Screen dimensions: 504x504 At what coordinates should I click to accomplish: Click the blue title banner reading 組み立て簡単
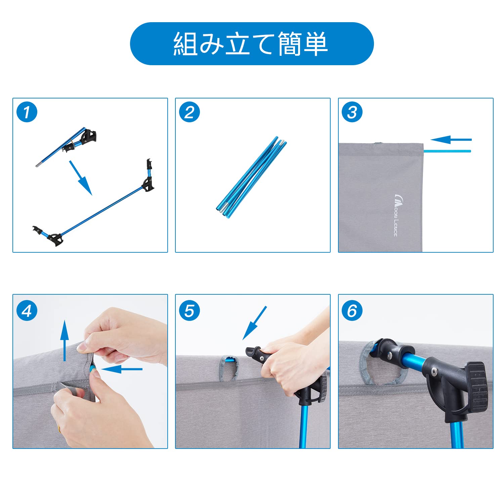click(x=252, y=44)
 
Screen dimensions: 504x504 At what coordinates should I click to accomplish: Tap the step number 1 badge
click(x=27, y=112)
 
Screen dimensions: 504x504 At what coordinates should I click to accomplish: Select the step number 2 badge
click(x=190, y=112)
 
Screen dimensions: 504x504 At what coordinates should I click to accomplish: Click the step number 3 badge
click(x=352, y=112)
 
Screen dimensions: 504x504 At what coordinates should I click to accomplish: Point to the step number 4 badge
click(x=27, y=311)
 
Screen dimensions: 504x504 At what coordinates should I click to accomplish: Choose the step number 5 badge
click(x=190, y=311)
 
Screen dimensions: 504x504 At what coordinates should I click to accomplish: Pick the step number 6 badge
click(x=352, y=311)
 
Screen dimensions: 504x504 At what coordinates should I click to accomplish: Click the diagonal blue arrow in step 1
click(x=81, y=178)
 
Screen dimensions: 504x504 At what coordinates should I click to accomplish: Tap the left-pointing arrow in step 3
click(x=451, y=139)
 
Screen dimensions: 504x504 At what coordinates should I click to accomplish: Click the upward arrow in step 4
click(x=65, y=340)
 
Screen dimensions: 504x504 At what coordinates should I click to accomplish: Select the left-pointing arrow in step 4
click(x=121, y=369)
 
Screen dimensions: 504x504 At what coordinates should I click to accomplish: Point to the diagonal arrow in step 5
click(x=254, y=323)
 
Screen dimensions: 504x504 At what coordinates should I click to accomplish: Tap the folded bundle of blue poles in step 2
click(x=251, y=177)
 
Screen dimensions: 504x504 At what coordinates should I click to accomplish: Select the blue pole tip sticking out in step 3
click(x=447, y=151)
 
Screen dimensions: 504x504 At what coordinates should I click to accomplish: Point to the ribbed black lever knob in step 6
click(x=476, y=386)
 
